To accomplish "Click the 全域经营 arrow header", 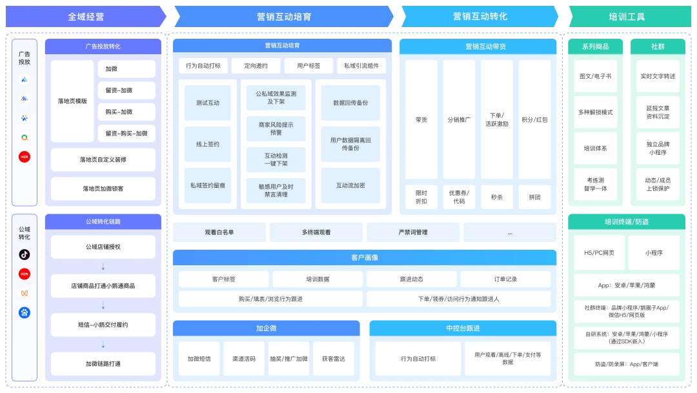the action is (x=85, y=17).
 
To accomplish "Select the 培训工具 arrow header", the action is (x=627, y=17).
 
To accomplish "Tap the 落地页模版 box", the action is (x=72, y=101).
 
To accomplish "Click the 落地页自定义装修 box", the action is (x=103, y=159).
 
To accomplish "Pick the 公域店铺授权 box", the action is (x=103, y=247).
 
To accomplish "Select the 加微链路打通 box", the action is (x=103, y=363).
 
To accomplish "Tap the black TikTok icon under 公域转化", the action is (x=24, y=254).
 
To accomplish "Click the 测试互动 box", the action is (x=208, y=103).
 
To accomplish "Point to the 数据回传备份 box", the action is (x=350, y=103).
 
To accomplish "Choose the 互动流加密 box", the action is (x=350, y=185).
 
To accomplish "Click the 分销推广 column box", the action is (x=459, y=119).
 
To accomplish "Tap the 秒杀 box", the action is (x=496, y=197).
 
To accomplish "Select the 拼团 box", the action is (x=534, y=197).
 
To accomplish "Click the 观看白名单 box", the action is (x=219, y=232).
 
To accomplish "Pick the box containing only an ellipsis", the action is (x=510, y=232).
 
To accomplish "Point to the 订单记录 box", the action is (x=505, y=279).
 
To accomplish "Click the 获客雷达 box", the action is (x=334, y=359).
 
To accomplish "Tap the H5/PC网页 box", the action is (x=599, y=252).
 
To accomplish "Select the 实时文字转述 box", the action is (x=658, y=76).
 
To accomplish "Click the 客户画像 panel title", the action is (x=365, y=257).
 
